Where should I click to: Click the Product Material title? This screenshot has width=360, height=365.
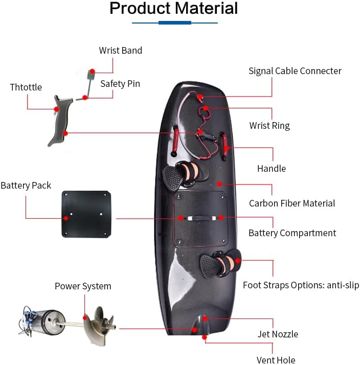point(174,9)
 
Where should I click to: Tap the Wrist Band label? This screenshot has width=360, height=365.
point(121,51)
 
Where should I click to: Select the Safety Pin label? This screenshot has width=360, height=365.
point(120,83)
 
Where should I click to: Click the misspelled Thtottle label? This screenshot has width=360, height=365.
point(26,87)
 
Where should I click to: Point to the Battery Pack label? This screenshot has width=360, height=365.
point(26,186)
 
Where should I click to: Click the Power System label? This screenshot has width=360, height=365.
point(83,286)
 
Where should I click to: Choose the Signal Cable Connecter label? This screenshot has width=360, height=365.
point(295,71)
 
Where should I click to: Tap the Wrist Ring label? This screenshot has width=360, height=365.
point(269,125)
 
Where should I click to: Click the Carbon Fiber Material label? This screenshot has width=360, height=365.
point(292,203)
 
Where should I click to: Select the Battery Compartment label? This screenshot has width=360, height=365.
point(292,233)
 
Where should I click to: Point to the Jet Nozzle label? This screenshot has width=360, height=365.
point(278,334)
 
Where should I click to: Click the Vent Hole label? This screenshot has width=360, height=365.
point(276,360)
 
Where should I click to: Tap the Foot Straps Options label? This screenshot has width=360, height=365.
point(301,285)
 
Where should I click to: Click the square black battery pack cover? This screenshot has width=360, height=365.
point(86,214)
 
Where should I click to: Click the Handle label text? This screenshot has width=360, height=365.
point(272,169)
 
